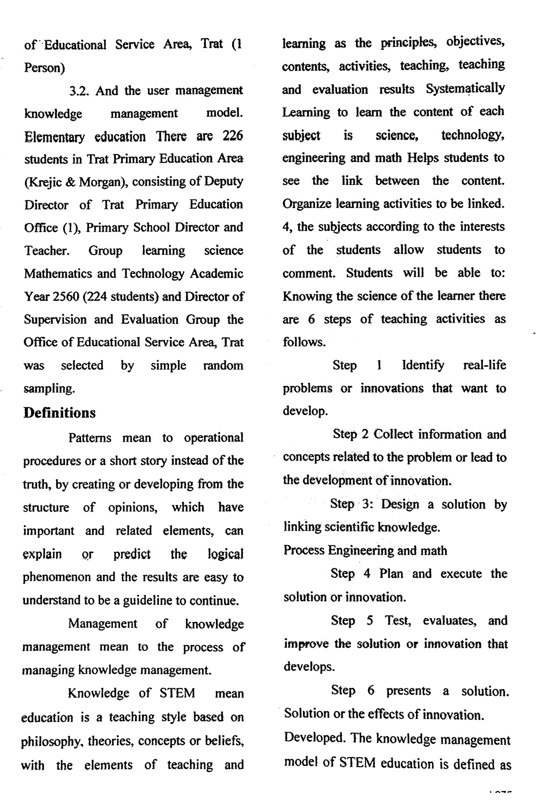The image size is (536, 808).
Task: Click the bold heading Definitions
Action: (x=59, y=413)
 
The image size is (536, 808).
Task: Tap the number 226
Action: (x=233, y=136)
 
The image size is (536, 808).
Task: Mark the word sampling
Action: (x=48, y=389)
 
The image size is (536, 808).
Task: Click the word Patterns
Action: (x=90, y=438)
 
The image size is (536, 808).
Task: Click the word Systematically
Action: (x=465, y=88)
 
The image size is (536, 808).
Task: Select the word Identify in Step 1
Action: (x=423, y=366)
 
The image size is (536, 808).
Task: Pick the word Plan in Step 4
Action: (x=391, y=574)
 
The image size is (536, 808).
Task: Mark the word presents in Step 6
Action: (x=409, y=691)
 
